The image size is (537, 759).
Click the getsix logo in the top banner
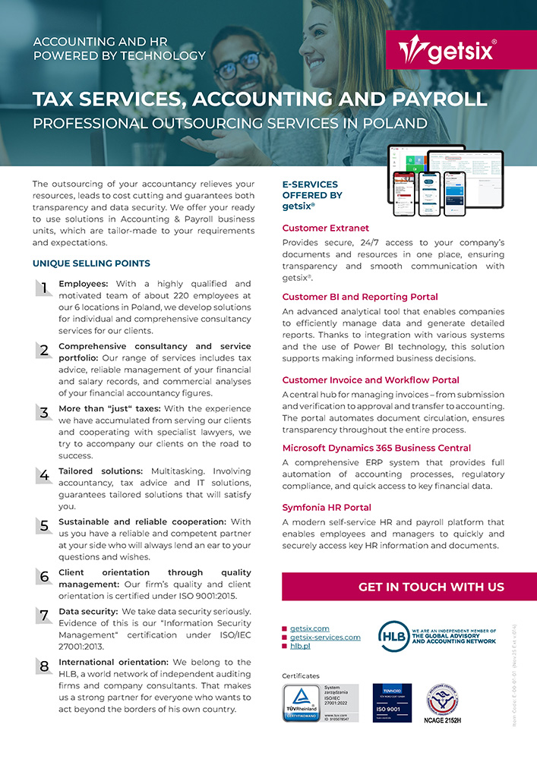point(448,50)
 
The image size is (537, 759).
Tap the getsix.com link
point(310,628)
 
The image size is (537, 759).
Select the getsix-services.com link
point(325,638)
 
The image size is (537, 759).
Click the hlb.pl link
point(300,646)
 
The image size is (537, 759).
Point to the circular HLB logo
point(393,636)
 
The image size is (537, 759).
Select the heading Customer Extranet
point(326,228)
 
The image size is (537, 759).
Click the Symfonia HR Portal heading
point(327,507)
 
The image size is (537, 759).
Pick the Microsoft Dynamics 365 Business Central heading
point(377,448)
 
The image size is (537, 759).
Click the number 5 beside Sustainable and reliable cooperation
point(44,525)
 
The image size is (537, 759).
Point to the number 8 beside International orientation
point(44,666)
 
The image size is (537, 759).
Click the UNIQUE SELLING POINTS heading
point(91,263)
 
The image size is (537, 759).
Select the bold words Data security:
point(87,611)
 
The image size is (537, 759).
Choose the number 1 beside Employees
point(44,288)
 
